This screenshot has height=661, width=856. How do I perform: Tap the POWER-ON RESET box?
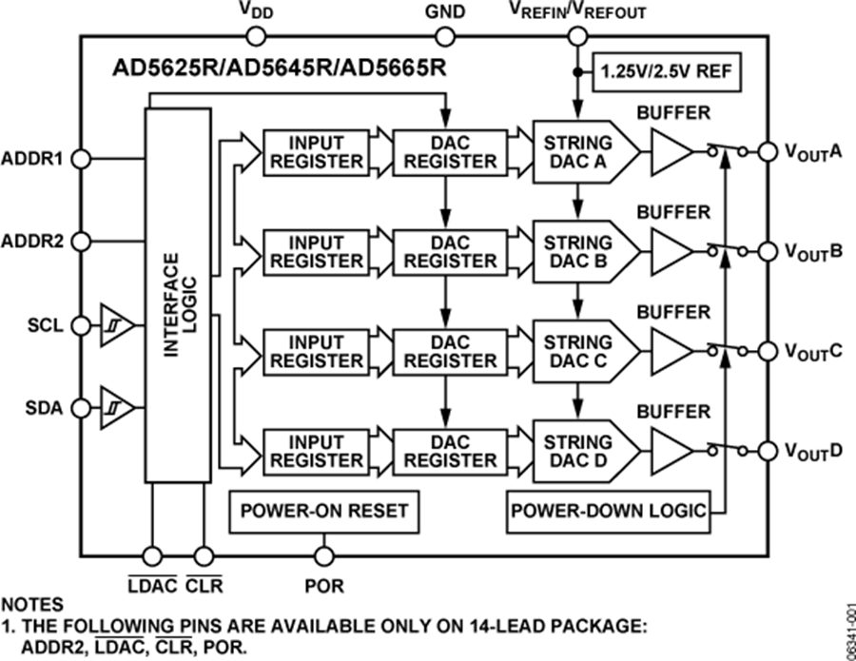[x=323, y=510]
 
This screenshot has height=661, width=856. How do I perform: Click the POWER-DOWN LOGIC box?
[x=610, y=511]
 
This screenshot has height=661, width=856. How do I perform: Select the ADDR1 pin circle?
[x=81, y=158]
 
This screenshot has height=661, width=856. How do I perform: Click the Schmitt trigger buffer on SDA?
[x=114, y=408]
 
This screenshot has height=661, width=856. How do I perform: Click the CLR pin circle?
[x=203, y=555]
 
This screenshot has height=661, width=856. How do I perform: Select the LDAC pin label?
[x=152, y=584]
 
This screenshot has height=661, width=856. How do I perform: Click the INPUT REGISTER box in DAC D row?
[x=316, y=451]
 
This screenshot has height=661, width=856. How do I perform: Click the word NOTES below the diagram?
[x=32, y=604]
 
